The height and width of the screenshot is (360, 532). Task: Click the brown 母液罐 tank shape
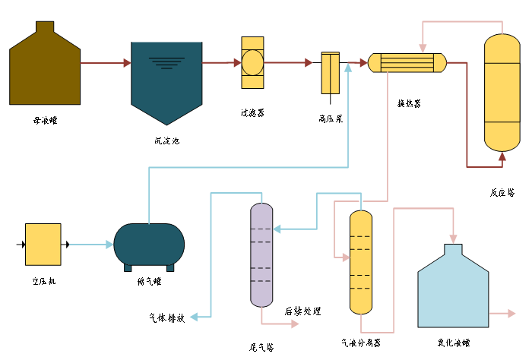[x=45, y=68]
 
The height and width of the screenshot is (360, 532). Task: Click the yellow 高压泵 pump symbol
[x=330, y=73]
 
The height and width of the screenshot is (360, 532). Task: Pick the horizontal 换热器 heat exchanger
[x=407, y=62]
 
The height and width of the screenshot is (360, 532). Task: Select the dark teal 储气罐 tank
[x=149, y=245]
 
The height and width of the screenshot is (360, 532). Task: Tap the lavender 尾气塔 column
[x=261, y=254]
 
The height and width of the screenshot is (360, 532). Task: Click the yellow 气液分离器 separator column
[x=360, y=262]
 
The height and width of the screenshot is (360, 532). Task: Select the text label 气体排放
[x=166, y=317]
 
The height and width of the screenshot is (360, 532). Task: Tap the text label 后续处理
[x=302, y=311]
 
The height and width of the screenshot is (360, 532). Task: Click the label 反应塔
[x=502, y=192]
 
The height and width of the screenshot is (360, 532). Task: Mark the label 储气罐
[x=149, y=282]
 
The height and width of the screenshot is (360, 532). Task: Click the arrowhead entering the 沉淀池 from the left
[x=127, y=63]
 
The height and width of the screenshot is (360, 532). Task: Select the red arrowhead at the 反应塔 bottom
[x=502, y=156]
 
